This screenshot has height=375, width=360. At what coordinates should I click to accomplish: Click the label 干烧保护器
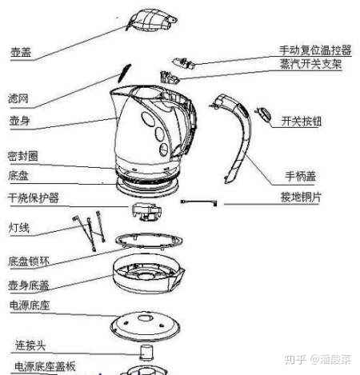[33, 197]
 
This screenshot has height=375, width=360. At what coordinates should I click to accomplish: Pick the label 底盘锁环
[29, 260]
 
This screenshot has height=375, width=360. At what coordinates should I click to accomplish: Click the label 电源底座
[29, 305]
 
